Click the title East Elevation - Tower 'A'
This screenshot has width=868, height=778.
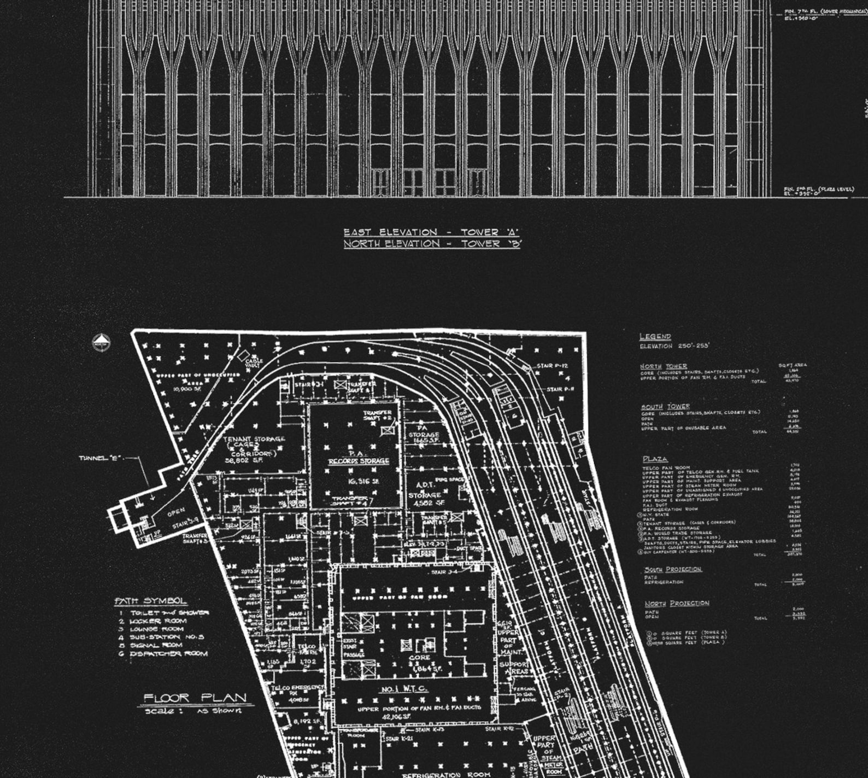click(431, 232)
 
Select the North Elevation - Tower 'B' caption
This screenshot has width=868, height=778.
click(432, 244)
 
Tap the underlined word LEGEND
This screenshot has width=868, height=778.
click(655, 336)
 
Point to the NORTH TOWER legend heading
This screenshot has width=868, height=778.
click(664, 366)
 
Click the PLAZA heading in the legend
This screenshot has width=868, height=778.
click(654, 459)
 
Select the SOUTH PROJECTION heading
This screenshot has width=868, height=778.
click(672, 569)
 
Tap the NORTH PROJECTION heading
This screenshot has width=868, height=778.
click(676, 603)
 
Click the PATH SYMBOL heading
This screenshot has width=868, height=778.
click(150, 601)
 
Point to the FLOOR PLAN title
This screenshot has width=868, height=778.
click(195, 698)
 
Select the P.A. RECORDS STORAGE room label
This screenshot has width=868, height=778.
click(359, 458)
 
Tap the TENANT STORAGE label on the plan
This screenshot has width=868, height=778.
click(254, 439)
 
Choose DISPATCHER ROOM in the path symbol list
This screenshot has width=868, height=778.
click(168, 653)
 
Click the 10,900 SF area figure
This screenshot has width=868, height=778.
click(187, 389)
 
